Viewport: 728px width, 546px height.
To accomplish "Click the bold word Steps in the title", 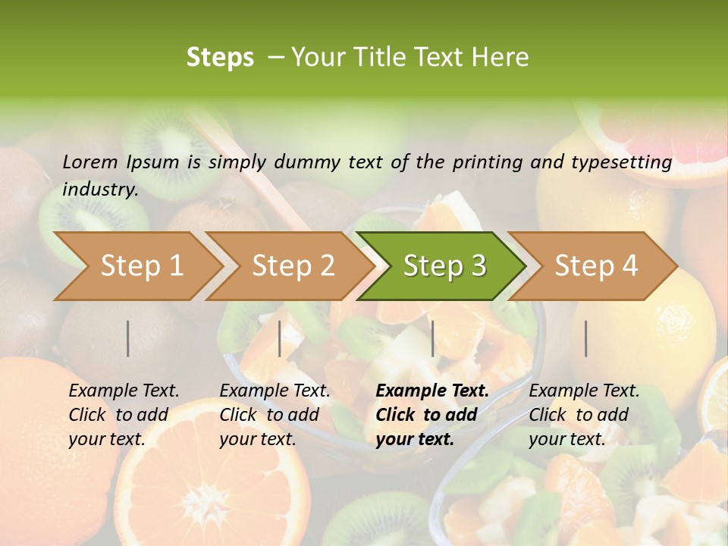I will coord(220,58).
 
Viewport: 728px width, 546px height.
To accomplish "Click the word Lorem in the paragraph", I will coord(90,162).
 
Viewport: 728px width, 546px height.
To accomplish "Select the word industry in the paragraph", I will coord(100,190).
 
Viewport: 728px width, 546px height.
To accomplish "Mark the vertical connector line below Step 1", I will coord(128,338).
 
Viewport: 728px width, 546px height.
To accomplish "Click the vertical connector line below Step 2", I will coord(280,338).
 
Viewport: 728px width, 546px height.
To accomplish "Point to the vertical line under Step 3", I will coord(433,338).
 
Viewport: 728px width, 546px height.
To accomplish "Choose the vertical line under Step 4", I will coord(586,338).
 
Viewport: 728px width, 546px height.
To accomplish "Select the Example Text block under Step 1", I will coord(124,415).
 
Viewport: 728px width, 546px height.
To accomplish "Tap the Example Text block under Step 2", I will coord(275,415).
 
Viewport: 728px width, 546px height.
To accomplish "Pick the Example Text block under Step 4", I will coord(584,415).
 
